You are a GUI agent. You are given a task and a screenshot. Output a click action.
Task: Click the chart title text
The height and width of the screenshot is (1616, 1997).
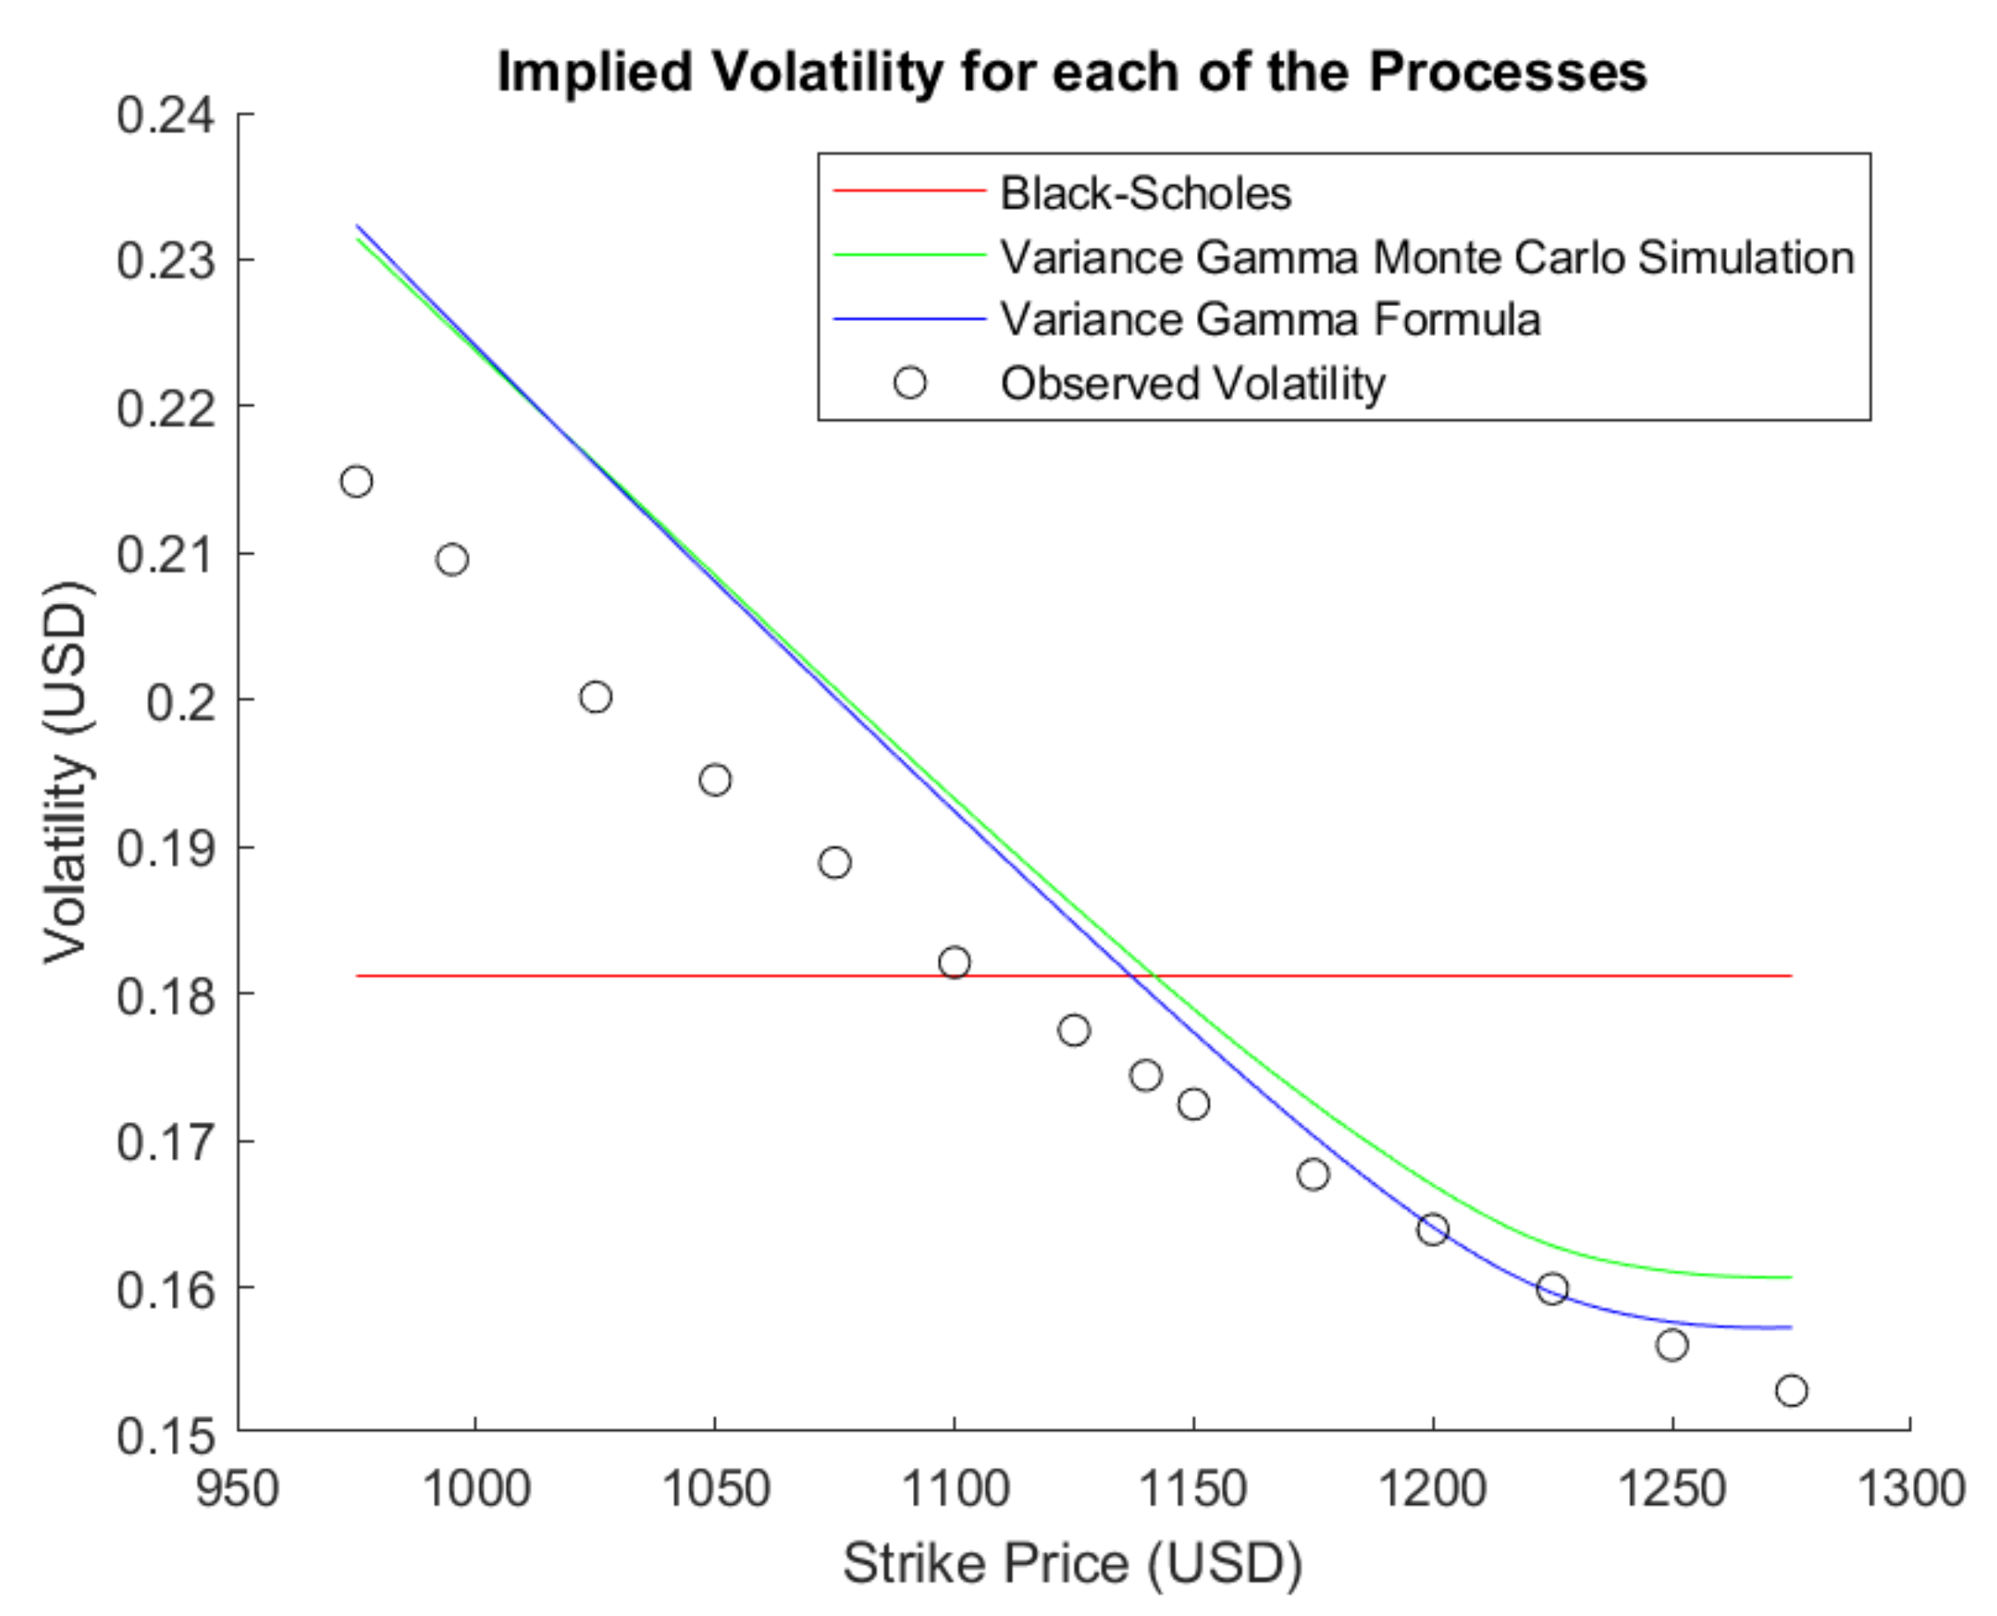click(x=1072, y=71)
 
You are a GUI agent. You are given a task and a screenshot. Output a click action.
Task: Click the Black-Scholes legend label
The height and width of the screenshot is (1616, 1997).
click(x=1145, y=194)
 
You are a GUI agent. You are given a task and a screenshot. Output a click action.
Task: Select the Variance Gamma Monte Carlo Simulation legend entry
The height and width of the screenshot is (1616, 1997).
click(x=1426, y=257)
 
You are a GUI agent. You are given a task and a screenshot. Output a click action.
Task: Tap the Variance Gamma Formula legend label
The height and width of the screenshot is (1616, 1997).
click(x=1270, y=319)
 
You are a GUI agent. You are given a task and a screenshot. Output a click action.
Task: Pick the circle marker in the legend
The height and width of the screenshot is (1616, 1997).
click(x=909, y=383)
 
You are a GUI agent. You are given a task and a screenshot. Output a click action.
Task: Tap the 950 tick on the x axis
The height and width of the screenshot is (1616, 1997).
click(x=237, y=1488)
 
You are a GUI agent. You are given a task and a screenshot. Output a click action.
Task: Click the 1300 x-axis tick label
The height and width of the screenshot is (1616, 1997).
click(x=1911, y=1488)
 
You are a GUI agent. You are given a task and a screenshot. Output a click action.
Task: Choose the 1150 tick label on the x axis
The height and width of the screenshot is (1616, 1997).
click(x=1193, y=1488)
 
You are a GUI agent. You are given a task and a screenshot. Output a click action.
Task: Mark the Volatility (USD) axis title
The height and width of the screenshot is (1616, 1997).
click(x=67, y=773)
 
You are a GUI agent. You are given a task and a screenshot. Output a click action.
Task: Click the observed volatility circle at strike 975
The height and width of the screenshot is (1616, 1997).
click(x=356, y=482)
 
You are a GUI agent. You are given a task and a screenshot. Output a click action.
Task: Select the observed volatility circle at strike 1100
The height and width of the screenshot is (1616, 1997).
click(x=954, y=961)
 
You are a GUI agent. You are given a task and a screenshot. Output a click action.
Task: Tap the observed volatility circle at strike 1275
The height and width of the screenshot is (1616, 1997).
click(x=1791, y=1391)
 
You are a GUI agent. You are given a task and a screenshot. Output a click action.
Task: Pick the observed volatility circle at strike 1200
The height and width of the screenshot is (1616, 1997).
click(x=1432, y=1229)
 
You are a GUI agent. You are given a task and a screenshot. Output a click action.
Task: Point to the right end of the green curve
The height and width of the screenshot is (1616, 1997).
click(x=1790, y=1277)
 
